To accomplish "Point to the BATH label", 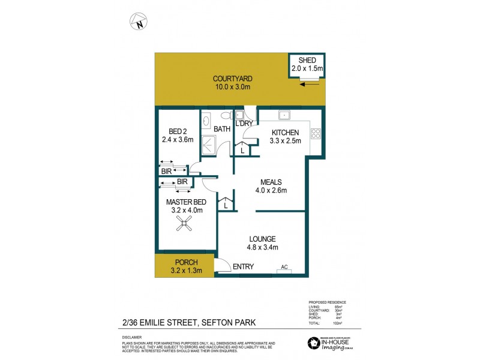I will click(222, 128).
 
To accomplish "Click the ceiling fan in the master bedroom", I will click(184, 225).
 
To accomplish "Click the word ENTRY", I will click(244, 266).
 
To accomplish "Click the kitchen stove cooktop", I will click(315, 134).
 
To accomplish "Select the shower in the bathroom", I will click(208, 143).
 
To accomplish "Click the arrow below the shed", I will click(310, 84).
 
